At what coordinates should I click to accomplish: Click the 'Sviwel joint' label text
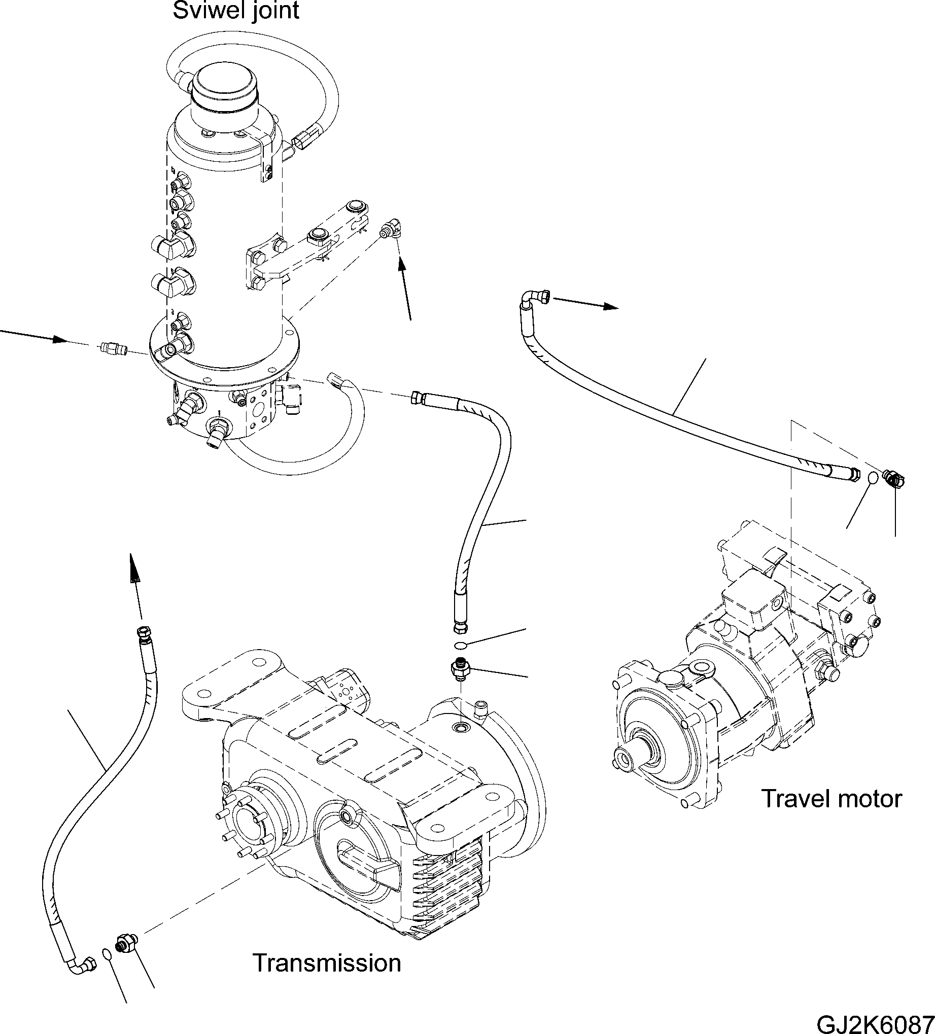coord(235,11)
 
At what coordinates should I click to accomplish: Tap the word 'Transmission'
coord(326,963)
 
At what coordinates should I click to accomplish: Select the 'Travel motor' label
coord(831,799)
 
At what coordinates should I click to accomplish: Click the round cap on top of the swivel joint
coord(225,87)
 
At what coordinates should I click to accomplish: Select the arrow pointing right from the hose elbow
coord(585,303)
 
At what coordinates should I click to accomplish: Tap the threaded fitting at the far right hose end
coord(894,479)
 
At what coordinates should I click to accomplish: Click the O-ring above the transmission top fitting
coord(460,645)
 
